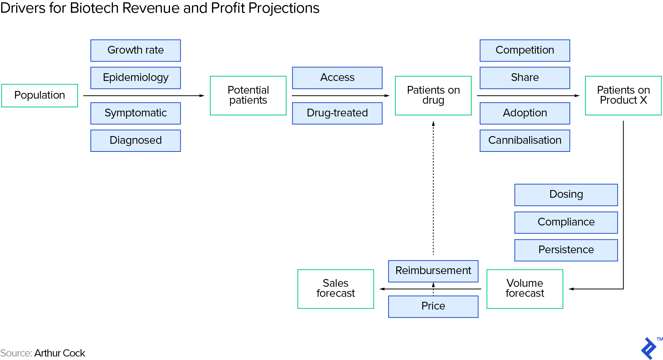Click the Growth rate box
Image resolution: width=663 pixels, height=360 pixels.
coord(135,50)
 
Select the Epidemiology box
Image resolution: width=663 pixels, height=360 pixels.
coord(135,78)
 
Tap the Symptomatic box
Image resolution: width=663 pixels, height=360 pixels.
coord(135,113)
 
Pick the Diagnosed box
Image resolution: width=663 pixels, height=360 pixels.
coord(135,141)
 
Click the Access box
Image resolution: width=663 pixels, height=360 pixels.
coord(337,78)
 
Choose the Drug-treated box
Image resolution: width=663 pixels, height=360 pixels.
coord(337,113)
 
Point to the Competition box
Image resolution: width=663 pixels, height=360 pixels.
coord(525,50)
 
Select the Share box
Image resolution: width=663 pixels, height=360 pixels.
coord(525,78)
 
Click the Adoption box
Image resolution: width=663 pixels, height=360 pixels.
coord(525,113)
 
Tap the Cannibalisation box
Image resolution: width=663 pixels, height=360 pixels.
coord(525,141)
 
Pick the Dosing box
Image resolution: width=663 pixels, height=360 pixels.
coord(566,195)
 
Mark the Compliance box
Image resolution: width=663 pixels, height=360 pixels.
coord(566,222)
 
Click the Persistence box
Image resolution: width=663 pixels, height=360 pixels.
coord(566,250)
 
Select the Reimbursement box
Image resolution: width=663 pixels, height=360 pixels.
coord(433,271)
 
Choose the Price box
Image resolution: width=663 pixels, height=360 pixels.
coord(433,306)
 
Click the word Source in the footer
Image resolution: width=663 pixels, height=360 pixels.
coord(16,353)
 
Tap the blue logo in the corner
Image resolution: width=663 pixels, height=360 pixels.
coord(649,348)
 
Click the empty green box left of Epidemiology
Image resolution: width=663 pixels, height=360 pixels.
coord(40,96)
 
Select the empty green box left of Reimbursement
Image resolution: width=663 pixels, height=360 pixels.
coord(335,289)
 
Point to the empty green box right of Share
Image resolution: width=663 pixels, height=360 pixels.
coord(623,96)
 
